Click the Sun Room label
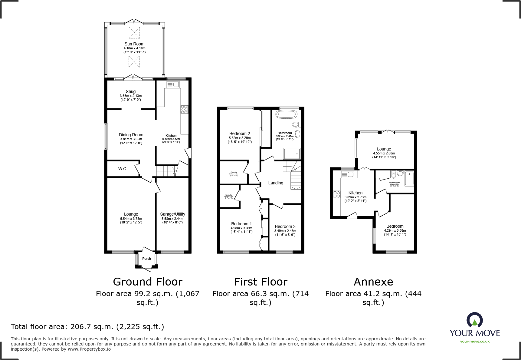[134, 44]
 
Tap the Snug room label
[131, 91]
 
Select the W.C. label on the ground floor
[123, 169]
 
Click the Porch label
[146, 259]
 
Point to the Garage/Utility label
[172, 214]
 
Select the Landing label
[276, 183]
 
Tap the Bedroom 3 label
[285, 226]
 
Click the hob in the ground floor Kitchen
[184, 109]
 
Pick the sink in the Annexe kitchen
[347, 174]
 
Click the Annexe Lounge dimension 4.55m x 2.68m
[384, 153]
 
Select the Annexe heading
[373, 282]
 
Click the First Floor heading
[260, 282]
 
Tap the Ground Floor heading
[148, 282]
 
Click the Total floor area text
[87, 327]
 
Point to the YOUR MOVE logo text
[474, 333]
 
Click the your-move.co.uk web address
[474, 342]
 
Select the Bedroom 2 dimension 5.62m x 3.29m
[240, 138]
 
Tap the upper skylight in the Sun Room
[134, 33]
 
